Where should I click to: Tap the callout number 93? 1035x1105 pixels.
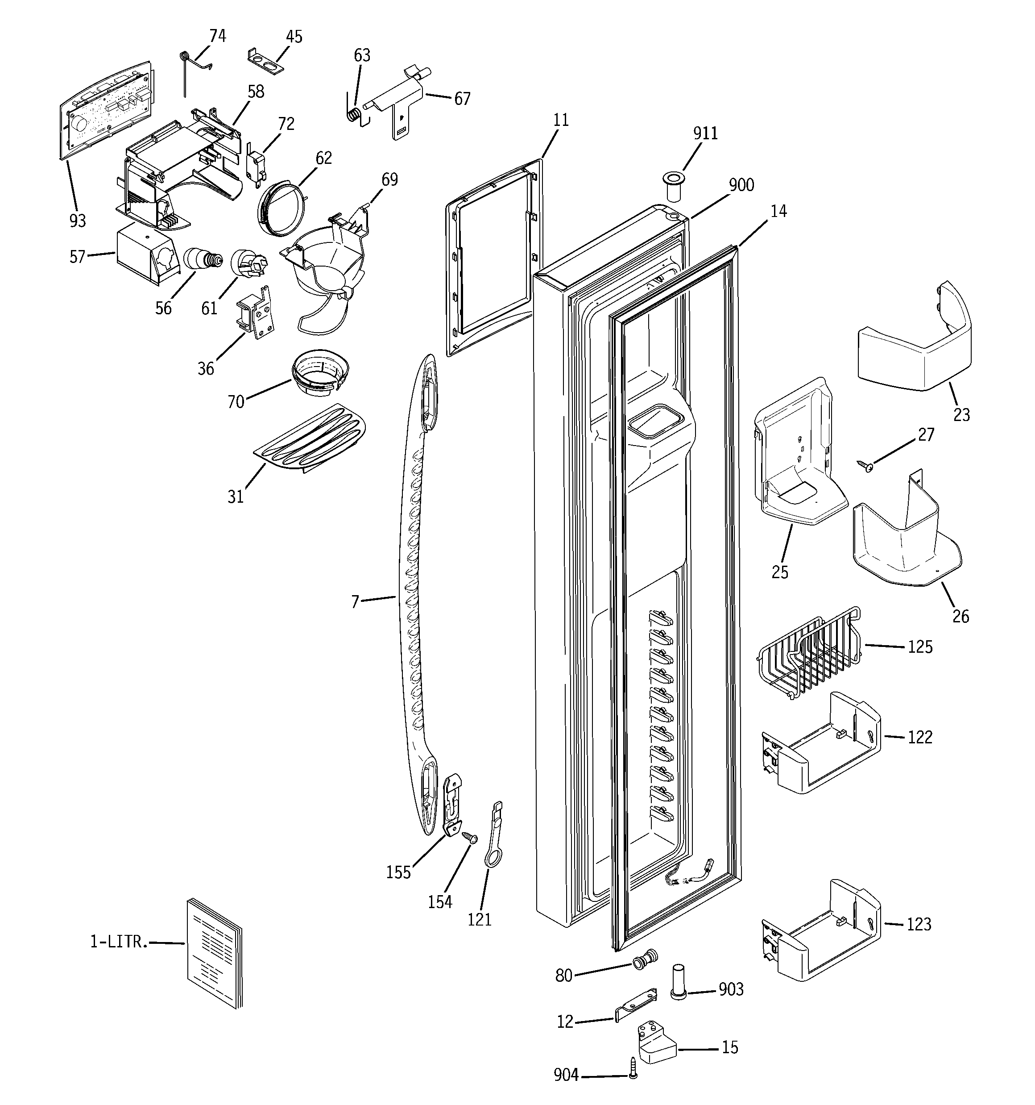78,221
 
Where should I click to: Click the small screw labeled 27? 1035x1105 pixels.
865,465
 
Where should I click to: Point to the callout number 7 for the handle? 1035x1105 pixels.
355,601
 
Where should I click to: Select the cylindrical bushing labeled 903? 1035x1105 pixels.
679,982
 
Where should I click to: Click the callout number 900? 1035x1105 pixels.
741,185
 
